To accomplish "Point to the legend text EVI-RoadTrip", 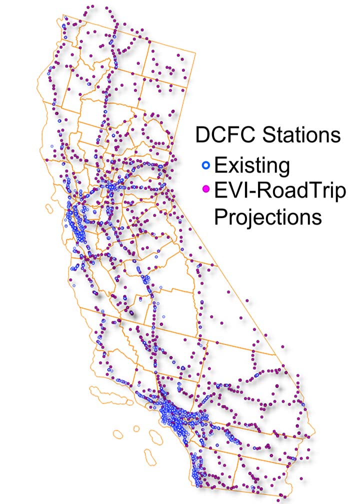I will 280,191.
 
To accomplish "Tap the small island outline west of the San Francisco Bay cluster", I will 49,206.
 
